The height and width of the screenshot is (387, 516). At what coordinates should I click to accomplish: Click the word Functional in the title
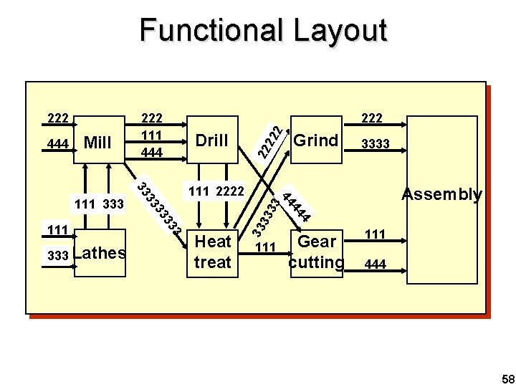pyautogui.click(x=201, y=31)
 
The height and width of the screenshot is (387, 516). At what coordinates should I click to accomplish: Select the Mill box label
pyautogui.click(x=97, y=143)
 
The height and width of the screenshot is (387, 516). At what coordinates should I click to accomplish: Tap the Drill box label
pyautogui.click(x=211, y=140)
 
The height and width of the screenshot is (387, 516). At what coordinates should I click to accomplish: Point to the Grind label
pyautogui.click(x=316, y=140)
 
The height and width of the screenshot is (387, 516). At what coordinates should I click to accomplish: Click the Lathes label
pyautogui.click(x=100, y=252)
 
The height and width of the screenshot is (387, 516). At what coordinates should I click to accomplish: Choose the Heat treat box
pyautogui.click(x=213, y=252)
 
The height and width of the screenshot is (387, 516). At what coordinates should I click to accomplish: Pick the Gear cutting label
pyautogui.click(x=317, y=252)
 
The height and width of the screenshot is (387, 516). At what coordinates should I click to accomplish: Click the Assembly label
pyautogui.click(x=441, y=194)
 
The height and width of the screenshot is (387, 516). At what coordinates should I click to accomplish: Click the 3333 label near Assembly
pyautogui.click(x=376, y=145)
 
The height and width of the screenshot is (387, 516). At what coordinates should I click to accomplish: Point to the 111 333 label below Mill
pyautogui.click(x=100, y=205)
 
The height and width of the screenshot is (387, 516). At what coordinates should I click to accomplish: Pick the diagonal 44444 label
pyautogui.click(x=296, y=205)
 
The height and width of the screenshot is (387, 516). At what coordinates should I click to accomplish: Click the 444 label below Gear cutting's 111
pyautogui.click(x=376, y=265)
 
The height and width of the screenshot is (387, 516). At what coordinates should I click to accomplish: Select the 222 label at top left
pyautogui.click(x=57, y=118)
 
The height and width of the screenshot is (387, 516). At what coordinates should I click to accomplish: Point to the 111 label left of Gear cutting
pyautogui.click(x=266, y=247)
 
